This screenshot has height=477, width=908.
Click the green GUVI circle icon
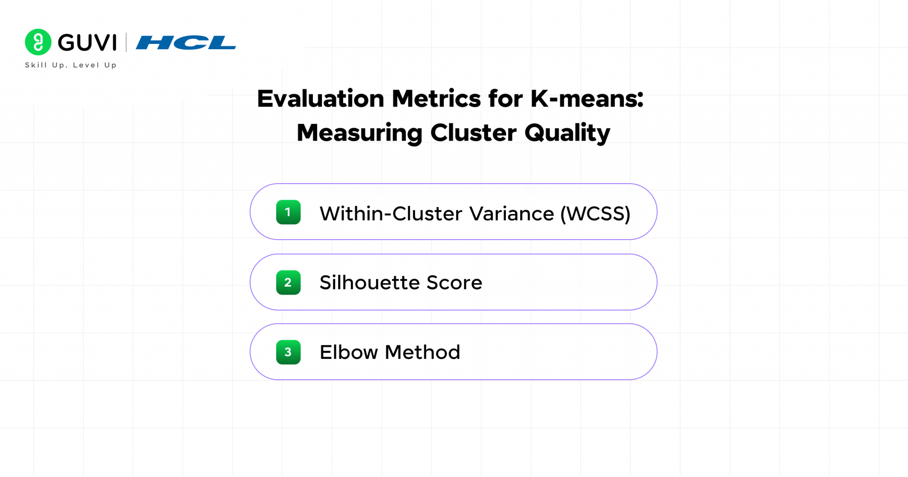(x=38, y=42)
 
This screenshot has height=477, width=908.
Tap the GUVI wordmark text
(x=87, y=43)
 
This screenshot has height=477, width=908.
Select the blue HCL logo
(x=186, y=43)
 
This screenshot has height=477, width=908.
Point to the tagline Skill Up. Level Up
(x=71, y=65)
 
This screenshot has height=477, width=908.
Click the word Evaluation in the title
(x=321, y=99)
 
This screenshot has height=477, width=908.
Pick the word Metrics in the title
(x=436, y=99)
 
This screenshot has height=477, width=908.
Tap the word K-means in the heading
(x=587, y=99)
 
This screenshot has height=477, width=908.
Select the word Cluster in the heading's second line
(x=474, y=133)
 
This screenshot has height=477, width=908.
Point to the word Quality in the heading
(x=567, y=134)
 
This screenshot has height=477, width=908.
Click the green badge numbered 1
(x=288, y=212)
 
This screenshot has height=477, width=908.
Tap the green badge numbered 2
(x=288, y=283)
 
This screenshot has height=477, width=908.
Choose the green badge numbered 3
(x=288, y=352)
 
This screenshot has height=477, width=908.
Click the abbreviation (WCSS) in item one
(x=595, y=214)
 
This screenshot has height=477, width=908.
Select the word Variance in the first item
(x=512, y=214)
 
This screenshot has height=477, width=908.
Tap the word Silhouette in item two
(x=370, y=283)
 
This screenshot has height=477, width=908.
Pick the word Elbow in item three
(x=349, y=352)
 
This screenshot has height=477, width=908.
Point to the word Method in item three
(x=423, y=352)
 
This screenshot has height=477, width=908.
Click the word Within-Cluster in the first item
(x=392, y=214)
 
